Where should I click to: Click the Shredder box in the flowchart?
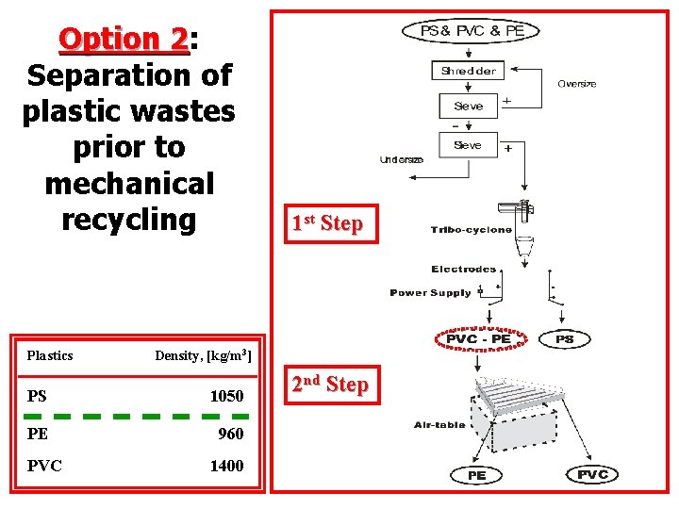469,71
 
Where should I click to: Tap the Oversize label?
576,84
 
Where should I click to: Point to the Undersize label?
402,159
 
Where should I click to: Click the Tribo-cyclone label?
472,230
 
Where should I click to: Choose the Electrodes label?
464,270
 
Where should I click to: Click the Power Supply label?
430,293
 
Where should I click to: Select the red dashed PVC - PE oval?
478,338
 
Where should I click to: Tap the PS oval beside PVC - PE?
564,338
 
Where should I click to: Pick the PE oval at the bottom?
477,475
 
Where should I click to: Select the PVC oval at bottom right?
593,474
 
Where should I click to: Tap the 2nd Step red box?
329,385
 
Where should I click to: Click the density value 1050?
226,396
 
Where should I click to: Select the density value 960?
230,434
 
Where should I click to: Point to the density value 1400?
226,466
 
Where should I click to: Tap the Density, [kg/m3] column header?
203,355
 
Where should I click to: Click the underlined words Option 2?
123,40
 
